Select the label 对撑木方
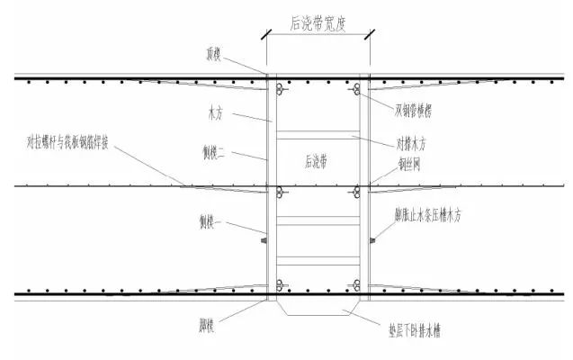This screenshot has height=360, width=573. [414, 142]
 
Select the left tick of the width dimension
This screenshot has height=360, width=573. [265, 36]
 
